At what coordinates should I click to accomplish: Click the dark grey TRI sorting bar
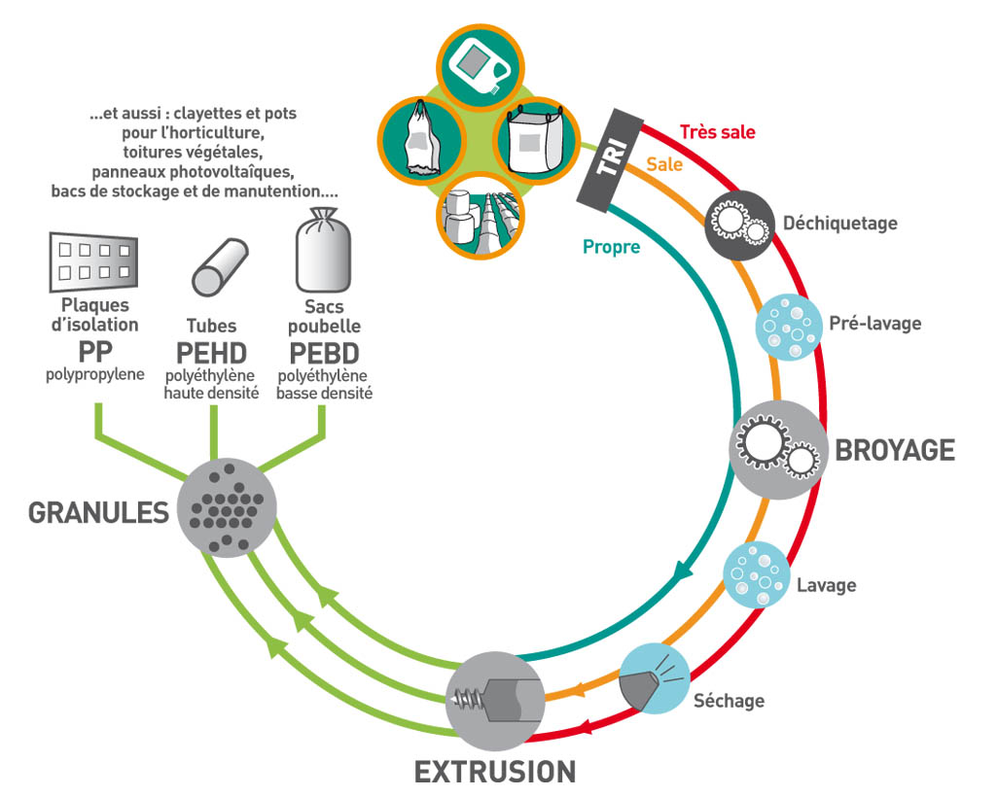(610, 160)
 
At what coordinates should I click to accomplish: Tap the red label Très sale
(717, 132)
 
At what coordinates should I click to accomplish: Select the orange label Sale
(664, 164)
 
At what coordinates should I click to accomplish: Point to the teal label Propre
(611, 247)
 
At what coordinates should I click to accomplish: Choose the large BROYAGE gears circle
(777, 449)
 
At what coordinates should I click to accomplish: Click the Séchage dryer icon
(655, 678)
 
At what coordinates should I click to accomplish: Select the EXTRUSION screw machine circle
(495, 702)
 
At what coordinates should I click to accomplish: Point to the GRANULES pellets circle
(227, 507)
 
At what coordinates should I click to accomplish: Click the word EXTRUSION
(495, 772)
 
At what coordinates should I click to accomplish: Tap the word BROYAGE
(895, 450)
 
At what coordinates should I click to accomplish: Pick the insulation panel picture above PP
(93, 261)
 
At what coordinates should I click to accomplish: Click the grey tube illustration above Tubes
(220, 267)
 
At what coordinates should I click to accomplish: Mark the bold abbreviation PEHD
(211, 353)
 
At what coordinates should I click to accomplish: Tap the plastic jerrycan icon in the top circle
(480, 66)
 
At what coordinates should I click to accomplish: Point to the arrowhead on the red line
(585, 726)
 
